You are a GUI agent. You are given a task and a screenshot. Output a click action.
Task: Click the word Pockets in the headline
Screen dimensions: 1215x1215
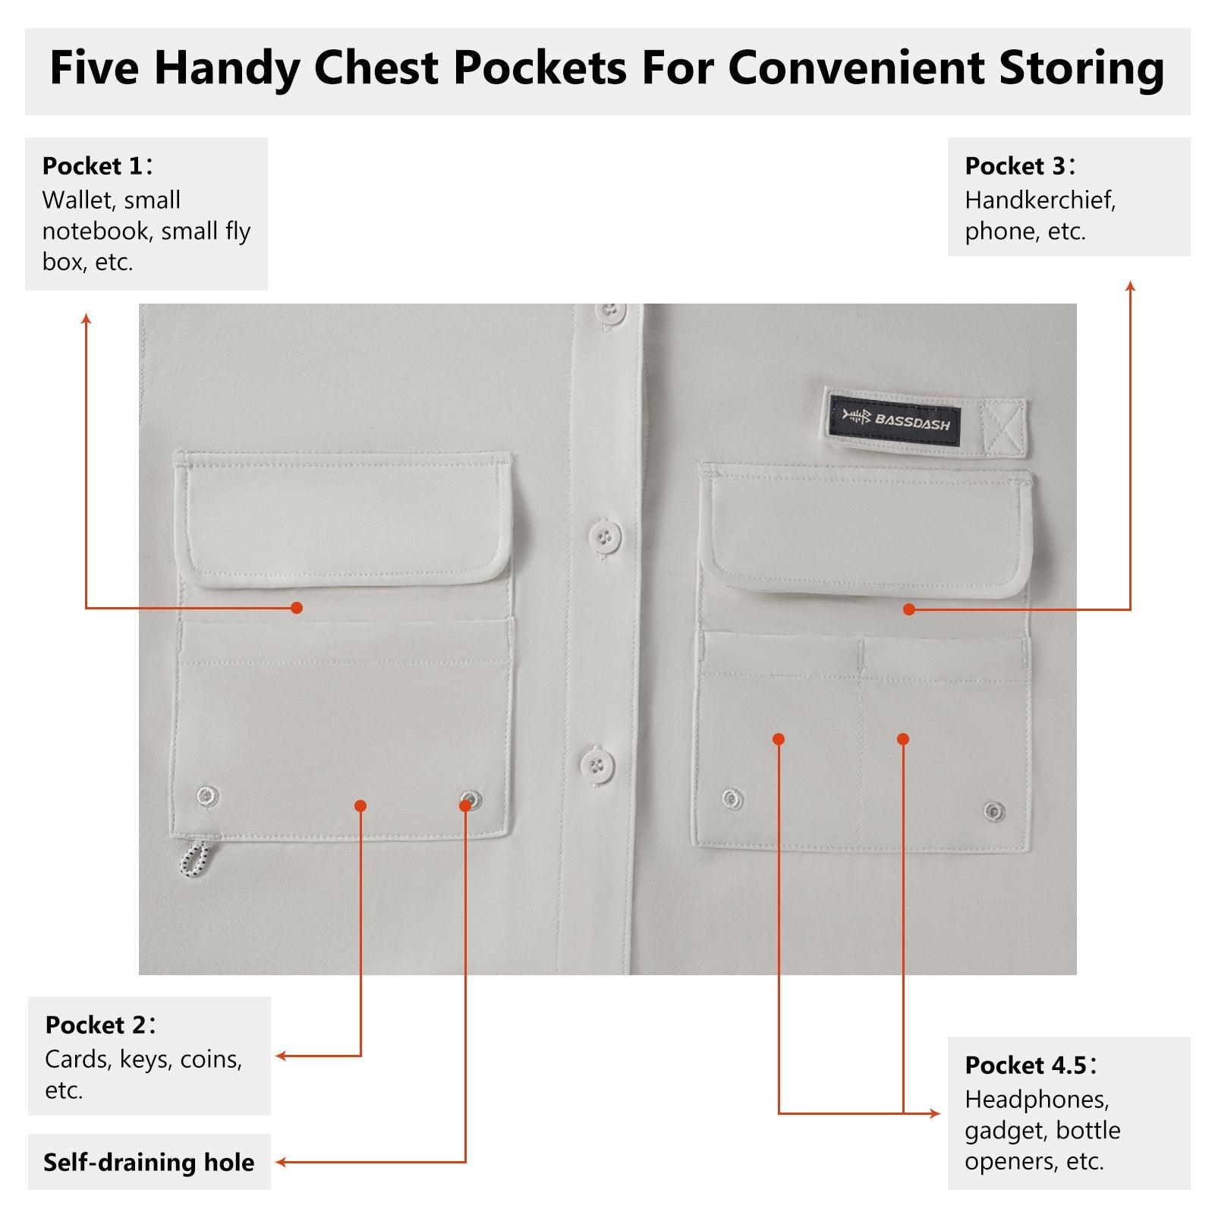540,68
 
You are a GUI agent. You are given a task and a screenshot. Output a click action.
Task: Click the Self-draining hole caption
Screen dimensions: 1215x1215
149,1162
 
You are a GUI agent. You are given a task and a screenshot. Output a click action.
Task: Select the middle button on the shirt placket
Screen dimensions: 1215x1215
604,537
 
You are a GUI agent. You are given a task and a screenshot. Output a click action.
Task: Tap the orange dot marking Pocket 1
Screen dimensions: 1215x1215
297,608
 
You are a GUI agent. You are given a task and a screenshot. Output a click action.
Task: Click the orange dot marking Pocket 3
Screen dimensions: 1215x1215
909,609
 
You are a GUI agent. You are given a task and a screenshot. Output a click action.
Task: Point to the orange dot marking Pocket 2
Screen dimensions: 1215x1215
360,805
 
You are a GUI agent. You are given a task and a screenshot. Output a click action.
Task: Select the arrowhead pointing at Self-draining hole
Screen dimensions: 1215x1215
281,1162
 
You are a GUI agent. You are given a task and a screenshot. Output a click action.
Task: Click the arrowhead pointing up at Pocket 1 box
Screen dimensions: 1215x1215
87,319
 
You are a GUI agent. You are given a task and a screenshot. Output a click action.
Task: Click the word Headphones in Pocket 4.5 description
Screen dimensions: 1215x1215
1037,1099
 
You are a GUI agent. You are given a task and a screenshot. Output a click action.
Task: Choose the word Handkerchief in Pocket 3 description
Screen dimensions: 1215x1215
1040,200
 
